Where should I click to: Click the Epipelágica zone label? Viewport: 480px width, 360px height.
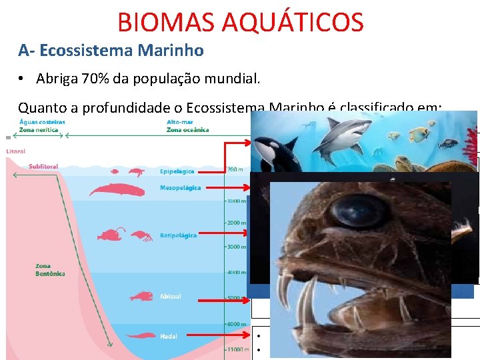click(x=177, y=171)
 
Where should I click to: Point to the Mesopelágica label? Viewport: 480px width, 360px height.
click(x=180, y=188)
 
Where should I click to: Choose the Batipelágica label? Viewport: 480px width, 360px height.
click(x=178, y=235)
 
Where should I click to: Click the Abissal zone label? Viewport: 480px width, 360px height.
click(x=170, y=296)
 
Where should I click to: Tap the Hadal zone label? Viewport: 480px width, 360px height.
click(x=168, y=336)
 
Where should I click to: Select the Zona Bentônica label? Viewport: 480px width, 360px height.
click(x=51, y=270)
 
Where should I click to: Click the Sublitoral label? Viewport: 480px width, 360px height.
click(x=44, y=167)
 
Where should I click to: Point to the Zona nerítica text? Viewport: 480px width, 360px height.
click(x=39, y=130)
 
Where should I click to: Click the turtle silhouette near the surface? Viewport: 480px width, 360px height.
click(x=136, y=172)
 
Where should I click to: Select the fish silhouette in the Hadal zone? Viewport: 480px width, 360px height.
click(x=140, y=335)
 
